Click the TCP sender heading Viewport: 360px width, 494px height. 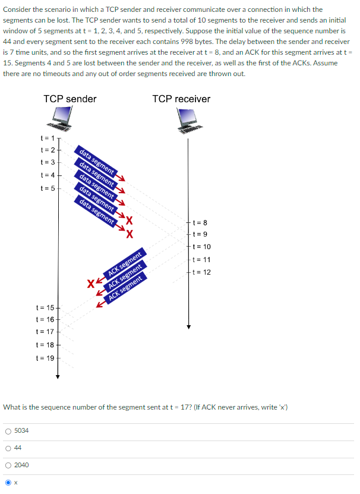click(x=70, y=99)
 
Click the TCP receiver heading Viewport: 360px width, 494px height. click(x=181, y=99)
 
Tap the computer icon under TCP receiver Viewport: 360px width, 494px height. click(x=190, y=121)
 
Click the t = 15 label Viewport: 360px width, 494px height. click(x=45, y=307)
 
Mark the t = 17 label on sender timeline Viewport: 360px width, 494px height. click(x=45, y=331)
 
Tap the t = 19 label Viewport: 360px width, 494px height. click(x=45, y=358)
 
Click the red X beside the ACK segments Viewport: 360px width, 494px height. click(x=90, y=283)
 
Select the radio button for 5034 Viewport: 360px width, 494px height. click(x=7, y=430)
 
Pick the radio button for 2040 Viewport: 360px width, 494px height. click(x=7, y=465)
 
